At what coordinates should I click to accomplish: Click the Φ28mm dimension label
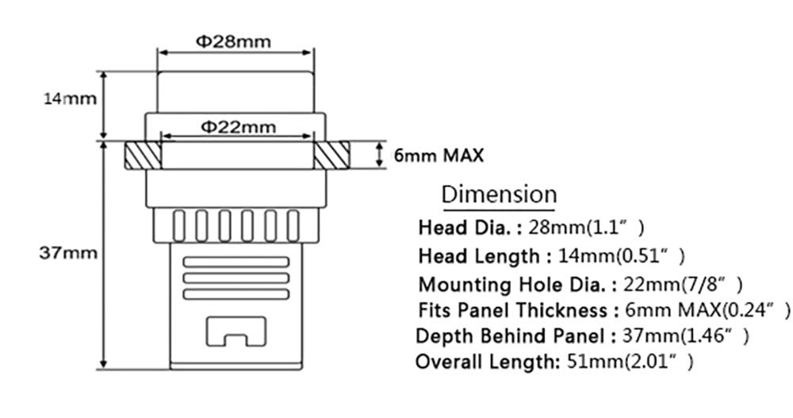point(233,41)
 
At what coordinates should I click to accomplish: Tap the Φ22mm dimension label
point(239,127)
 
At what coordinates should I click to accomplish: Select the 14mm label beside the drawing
point(70,98)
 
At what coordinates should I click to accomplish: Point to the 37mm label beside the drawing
point(68,252)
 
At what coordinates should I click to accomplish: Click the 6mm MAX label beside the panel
point(439,155)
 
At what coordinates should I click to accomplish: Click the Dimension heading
point(499,194)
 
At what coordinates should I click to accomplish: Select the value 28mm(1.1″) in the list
point(587,228)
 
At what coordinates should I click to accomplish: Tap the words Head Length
point(479,256)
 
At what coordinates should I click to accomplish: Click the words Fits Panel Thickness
point(513,309)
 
